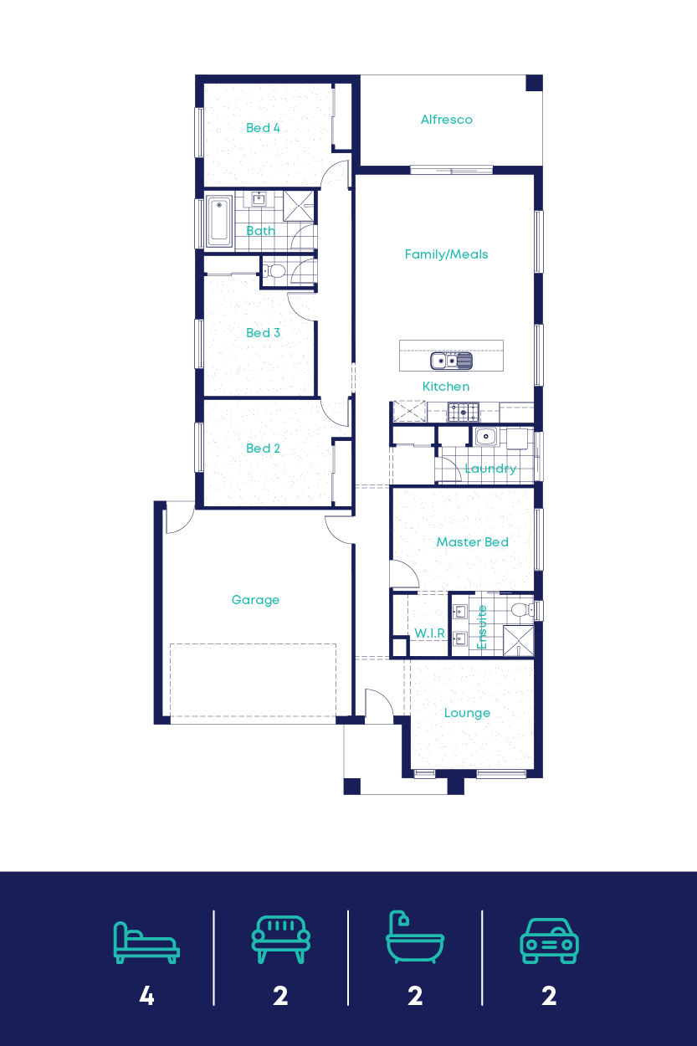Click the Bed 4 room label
click(x=263, y=128)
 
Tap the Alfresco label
click(x=446, y=120)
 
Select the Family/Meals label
click(x=446, y=254)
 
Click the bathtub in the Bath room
click(x=219, y=222)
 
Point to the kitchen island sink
click(x=451, y=361)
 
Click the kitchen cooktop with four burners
click(x=463, y=412)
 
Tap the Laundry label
click(x=490, y=469)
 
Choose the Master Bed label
click(x=472, y=542)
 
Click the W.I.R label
click(x=430, y=633)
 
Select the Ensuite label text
click(x=482, y=628)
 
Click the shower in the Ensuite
click(x=519, y=641)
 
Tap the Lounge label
click(x=467, y=713)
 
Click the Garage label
click(x=255, y=600)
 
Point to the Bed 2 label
click(x=263, y=449)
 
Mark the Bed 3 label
click(x=263, y=333)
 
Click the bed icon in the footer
click(x=146, y=942)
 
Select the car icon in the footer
click(x=549, y=941)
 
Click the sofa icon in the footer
click(x=280, y=940)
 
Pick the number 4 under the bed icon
click(x=146, y=996)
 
